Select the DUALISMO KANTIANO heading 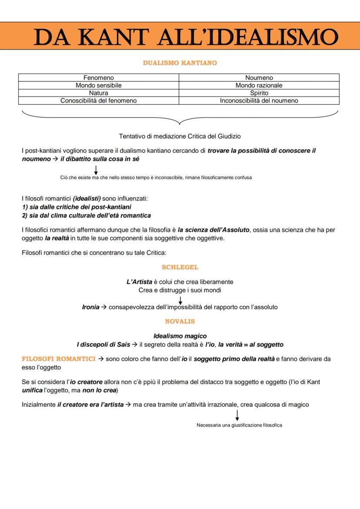click(180, 63)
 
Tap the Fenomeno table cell click(98, 78)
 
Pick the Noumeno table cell click(259, 78)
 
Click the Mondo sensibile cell click(98, 85)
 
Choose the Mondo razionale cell click(259, 85)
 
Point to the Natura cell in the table click(98, 93)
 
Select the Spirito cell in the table click(259, 93)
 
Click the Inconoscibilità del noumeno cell click(259, 100)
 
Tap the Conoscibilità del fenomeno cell click(98, 100)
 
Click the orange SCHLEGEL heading click(180, 267)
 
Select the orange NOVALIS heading click(180, 322)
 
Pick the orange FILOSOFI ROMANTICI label click(59, 359)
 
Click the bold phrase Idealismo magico click(180, 336)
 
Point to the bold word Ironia click(90, 307)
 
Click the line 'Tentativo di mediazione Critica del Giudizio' click(180, 136)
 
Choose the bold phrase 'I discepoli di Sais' click(103, 344)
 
